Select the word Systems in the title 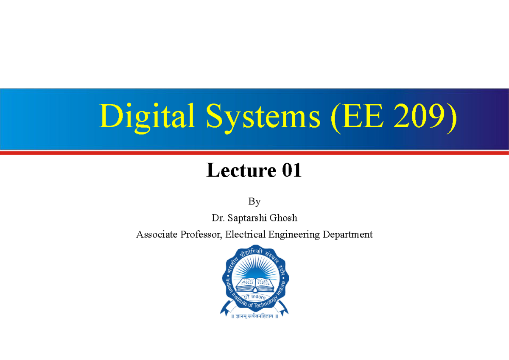(x=263, y=117)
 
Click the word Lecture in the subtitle (x=241, y=171)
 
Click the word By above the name (x=255, y=201)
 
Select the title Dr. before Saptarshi (x=218, y=218)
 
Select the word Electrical (x=246, y=234)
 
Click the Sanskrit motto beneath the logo (x=255, y=316)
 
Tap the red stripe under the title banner (x=255, y=153)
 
